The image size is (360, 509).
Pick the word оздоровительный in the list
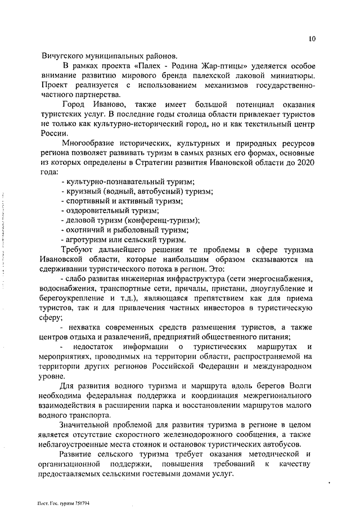pyautogui.click(x=98, y=210)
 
